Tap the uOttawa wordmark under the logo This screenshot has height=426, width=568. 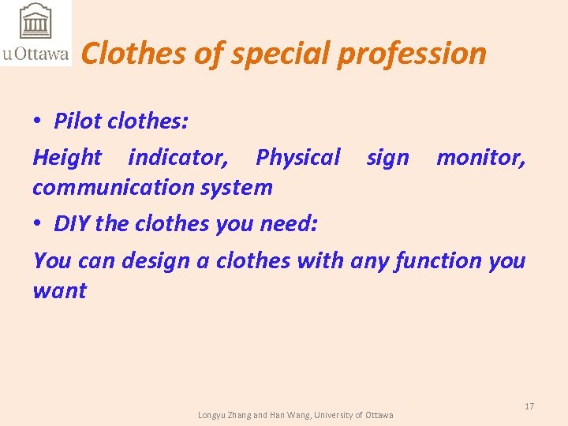tap(35, 54)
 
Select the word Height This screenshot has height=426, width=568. tap(67, 158)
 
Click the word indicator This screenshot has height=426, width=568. tap(178, 158)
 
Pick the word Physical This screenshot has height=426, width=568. tap(297, 158)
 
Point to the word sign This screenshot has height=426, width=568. tap(387, 158)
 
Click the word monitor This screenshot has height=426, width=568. tap(480, 158)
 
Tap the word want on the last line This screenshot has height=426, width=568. tap(60, 291)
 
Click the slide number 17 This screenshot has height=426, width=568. tap(529, 406)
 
